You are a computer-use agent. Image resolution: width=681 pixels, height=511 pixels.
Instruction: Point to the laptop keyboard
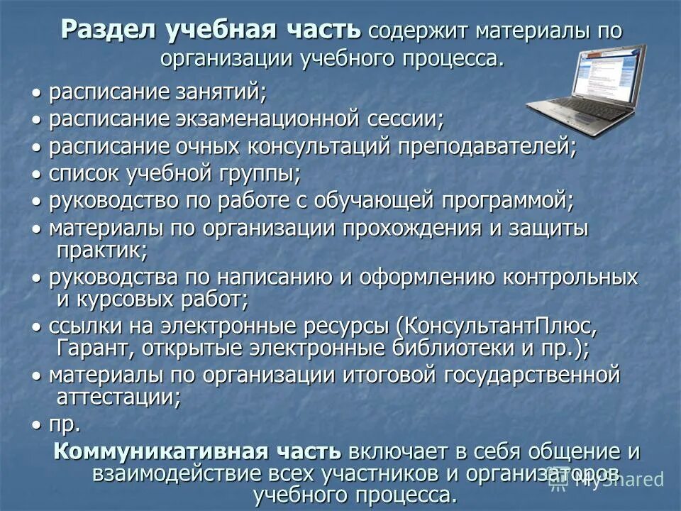point(582,112)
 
